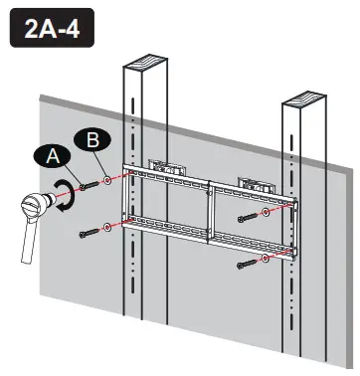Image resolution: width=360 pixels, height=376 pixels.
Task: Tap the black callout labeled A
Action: click(54, 156)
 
